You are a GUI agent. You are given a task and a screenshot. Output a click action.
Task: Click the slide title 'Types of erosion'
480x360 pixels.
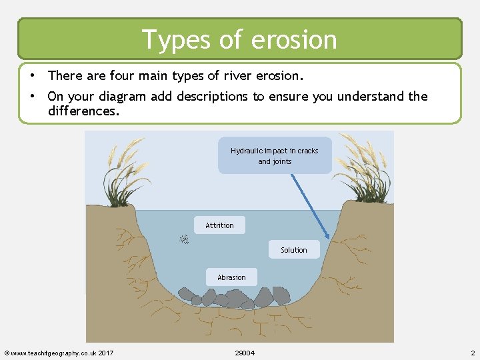(239, 39)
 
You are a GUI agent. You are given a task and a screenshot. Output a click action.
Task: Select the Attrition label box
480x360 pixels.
(219, 225)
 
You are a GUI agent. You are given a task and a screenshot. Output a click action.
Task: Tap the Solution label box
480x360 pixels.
(293, 250)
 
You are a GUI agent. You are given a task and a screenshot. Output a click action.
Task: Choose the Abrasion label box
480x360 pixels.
(231, 277)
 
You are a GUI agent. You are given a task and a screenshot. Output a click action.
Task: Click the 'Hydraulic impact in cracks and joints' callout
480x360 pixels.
(275, 156)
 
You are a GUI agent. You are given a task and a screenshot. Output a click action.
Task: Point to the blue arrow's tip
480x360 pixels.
(328, 239)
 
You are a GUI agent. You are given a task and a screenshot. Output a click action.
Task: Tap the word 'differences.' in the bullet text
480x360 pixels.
(84, 111)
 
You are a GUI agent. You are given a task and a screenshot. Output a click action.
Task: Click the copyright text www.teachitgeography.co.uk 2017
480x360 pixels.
(59, 353)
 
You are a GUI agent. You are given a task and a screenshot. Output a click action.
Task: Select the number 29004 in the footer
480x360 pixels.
(245, 353)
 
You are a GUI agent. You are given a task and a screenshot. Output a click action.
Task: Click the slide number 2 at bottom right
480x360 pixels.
(472, 353)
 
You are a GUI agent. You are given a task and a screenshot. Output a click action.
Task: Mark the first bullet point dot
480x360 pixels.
(32, 75)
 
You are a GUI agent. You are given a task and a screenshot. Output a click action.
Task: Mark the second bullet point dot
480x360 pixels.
(32, 96)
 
